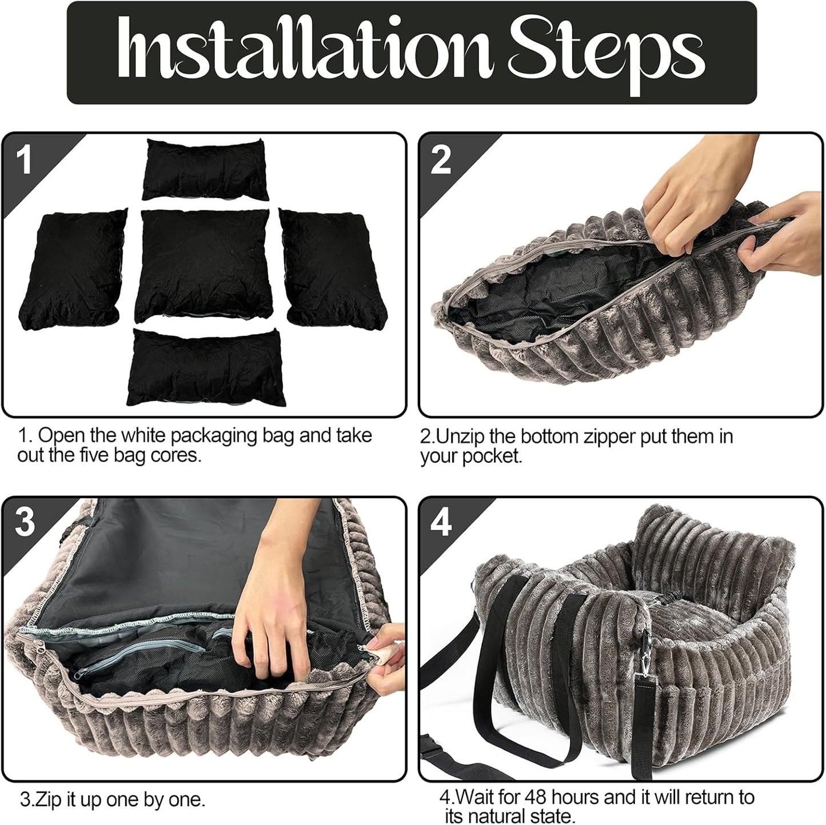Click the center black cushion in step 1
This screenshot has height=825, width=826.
pos(203,265)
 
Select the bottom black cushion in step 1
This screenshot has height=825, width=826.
pos(206,367)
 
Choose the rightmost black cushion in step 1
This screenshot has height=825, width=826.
pos(333,269)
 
